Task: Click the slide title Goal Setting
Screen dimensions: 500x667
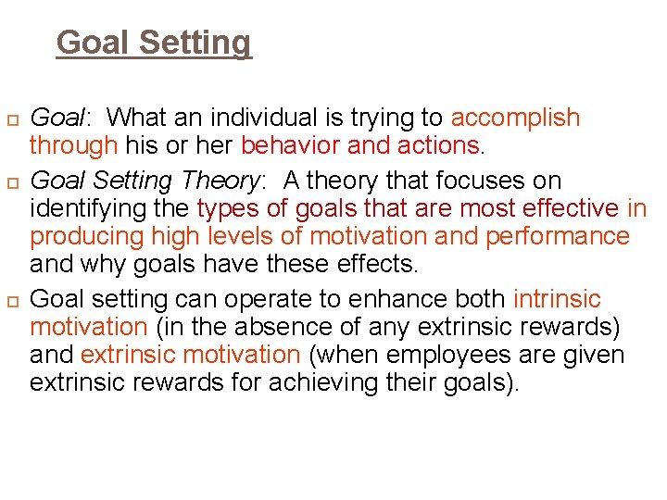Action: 154,43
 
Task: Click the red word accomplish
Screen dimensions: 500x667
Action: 515,119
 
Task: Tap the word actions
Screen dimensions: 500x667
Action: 436,145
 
